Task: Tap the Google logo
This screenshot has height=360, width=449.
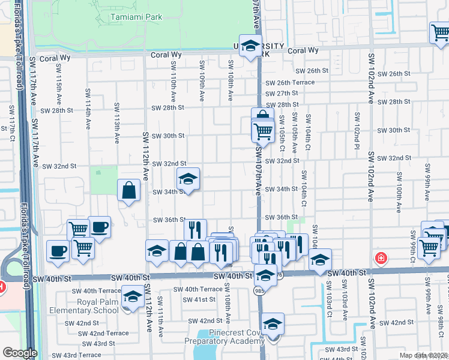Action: click(20, 353)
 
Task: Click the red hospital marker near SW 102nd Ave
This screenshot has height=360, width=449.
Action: click(381, 259)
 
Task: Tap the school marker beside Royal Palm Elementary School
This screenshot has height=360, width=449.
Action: click(132, 297)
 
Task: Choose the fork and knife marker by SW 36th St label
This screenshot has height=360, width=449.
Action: click(195, 230)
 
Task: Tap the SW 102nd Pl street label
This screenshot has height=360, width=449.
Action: click(357, 127)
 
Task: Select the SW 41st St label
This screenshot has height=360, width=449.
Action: click(199, 299)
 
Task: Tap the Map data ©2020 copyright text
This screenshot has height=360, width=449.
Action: click(423, 355)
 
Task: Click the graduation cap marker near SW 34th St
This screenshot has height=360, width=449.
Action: click(188, 179)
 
